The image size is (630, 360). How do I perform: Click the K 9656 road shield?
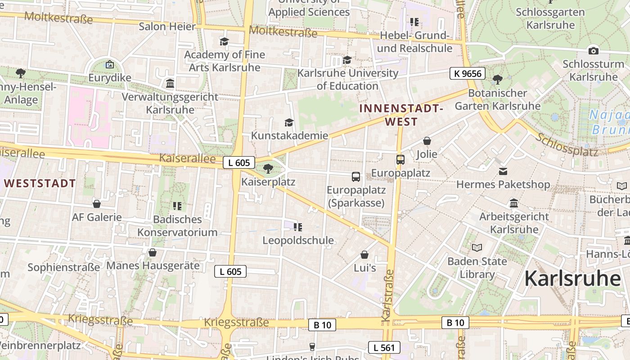[x=468, y=73]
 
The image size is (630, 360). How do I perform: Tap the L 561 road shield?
[x=384, y=347]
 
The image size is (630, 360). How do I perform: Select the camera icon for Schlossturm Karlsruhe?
[x=593, y=51]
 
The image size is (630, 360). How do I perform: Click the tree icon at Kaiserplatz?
[x=268, y=169]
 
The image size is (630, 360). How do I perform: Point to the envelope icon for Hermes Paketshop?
[x=503, y=171]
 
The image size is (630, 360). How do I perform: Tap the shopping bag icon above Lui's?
[x=364, y=255]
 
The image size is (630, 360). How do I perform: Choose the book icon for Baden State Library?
[x=477, y=247]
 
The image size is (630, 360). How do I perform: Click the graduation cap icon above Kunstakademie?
[x=289, y=122]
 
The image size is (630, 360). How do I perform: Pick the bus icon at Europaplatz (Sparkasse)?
[x=356, y=177]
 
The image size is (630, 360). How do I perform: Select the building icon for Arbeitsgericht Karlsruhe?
[x=514, y=203]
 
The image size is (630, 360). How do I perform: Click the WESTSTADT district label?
[x=40, y=184]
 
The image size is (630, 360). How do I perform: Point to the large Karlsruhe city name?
[x=572, y=278]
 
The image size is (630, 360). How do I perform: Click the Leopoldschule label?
[x=298, y=240]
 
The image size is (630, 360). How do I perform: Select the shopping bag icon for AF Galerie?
[x=97, y=204]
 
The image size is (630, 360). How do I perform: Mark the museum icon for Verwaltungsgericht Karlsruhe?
[x=170, y=84]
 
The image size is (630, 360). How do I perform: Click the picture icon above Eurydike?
[x=109, y=65]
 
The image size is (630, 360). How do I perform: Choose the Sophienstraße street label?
[x=63, y=267]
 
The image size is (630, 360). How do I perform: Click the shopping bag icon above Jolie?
[x=427, y=141]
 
